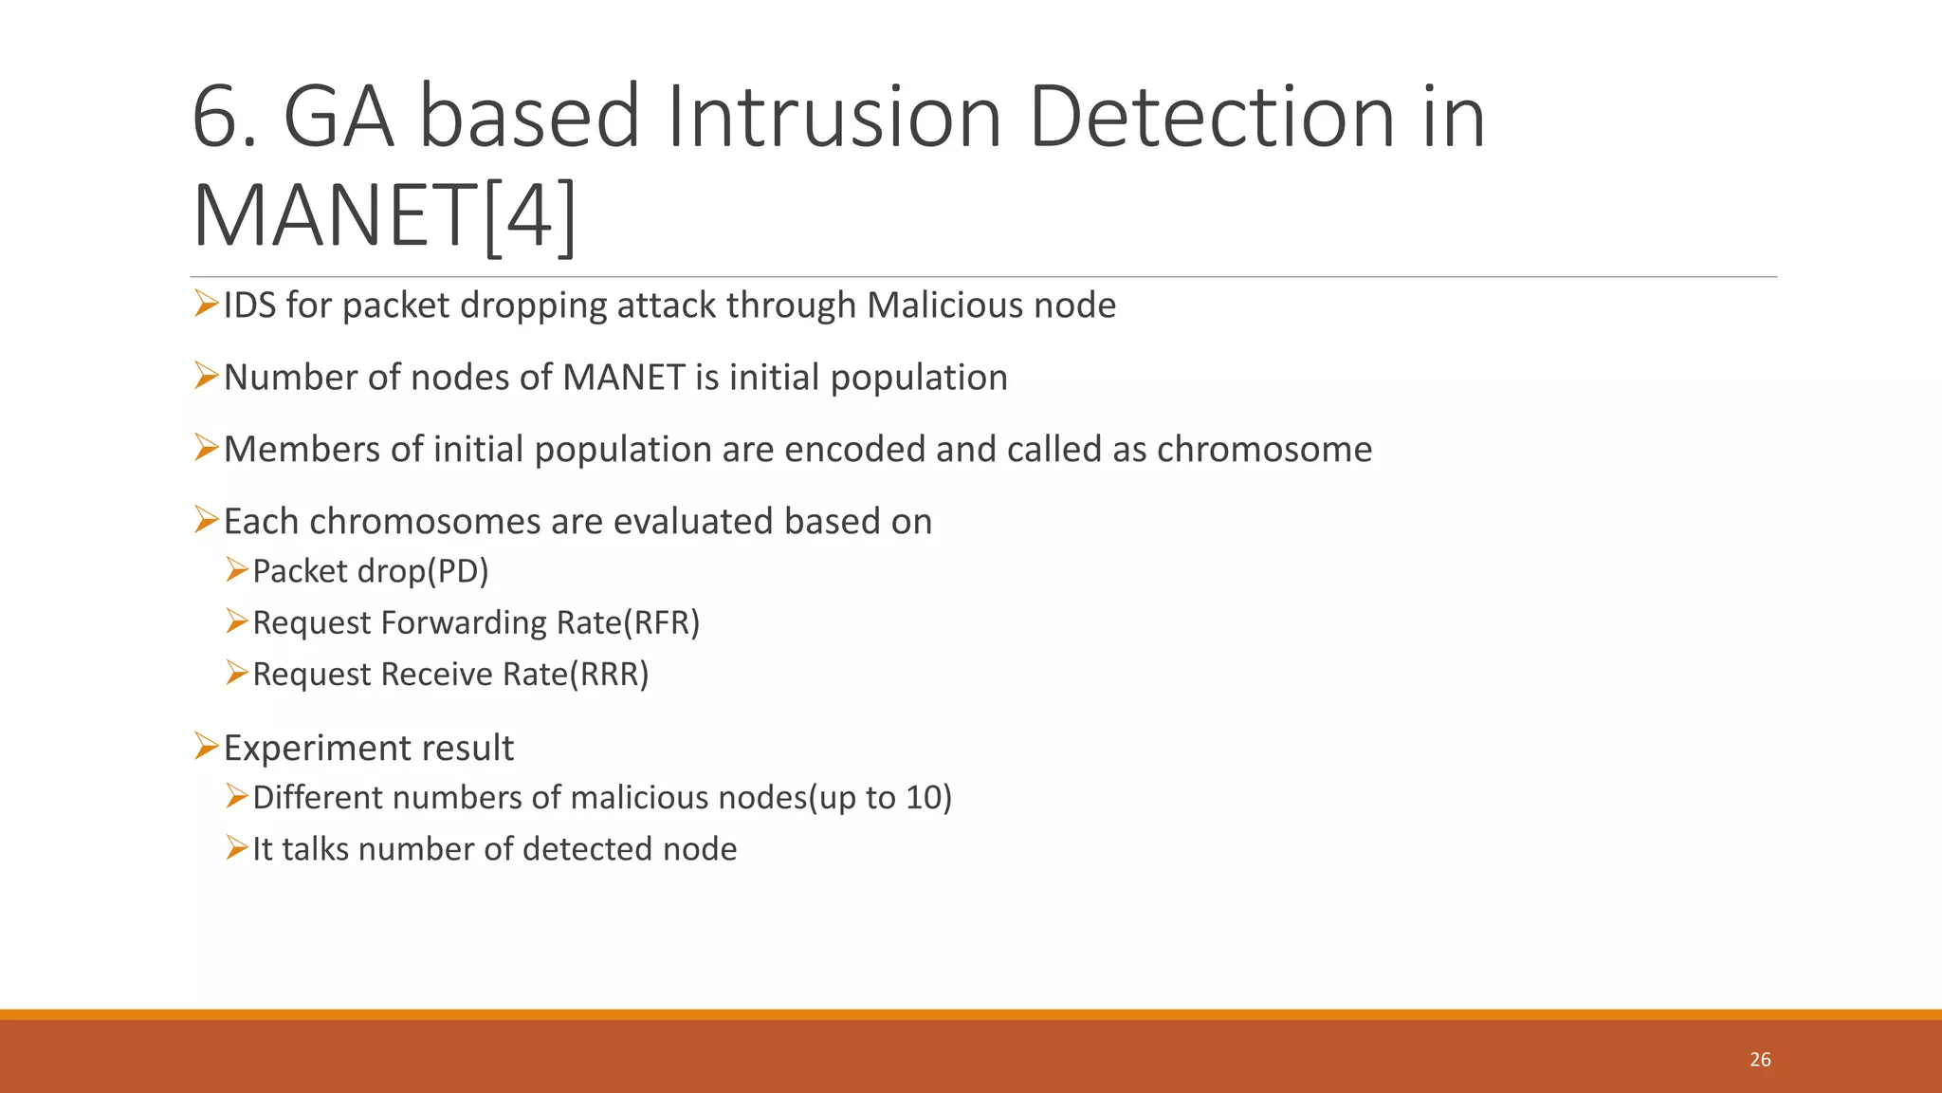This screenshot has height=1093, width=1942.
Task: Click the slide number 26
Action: coord(1760,1060)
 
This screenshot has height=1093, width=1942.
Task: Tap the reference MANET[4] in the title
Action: coord(384,217)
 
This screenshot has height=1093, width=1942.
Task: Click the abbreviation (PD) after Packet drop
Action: coord(458,571)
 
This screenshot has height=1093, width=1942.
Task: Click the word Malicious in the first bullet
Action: coord(944,306)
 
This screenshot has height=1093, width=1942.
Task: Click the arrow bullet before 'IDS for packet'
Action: coord(206,304)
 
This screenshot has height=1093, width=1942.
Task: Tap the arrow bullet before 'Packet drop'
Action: coord(236,569)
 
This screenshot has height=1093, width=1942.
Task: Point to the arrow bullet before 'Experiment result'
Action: coord(206,746)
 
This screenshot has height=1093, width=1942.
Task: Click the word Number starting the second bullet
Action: coord(290,378)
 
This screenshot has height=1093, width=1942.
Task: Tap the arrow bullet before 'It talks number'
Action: coord(236,847)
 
